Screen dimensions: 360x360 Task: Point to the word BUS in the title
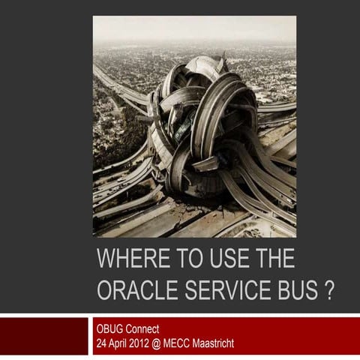pos(295,291)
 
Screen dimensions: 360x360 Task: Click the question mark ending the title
pos(328,291)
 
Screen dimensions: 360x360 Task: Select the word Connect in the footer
pos(142,329)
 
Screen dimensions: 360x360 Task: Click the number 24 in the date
pos(102,343)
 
